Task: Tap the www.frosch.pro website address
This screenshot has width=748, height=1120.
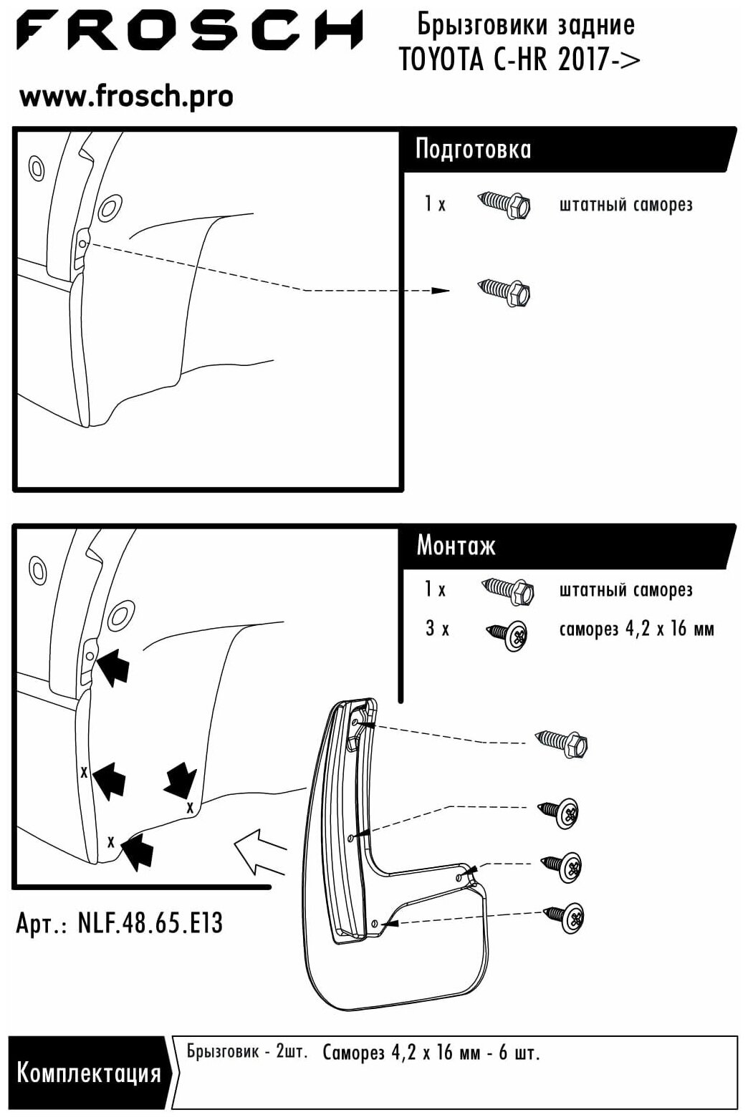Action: pyautogui.click(x=126, y=96)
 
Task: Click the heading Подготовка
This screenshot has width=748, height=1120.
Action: pyautogui.click(x=473, y=149)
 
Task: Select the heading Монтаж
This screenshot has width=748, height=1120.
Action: pyautogui.click(x=456, y=546)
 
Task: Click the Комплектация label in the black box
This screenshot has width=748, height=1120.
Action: pyautogui.click(x=88, y=1073)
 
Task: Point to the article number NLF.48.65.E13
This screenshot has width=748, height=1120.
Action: pyautogui.click(x=119, y=923)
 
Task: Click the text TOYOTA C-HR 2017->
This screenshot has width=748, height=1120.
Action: pyautogui.click(x=519, y=60)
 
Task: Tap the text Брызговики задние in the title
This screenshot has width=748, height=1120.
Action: pyautogui.click(x=525, y=26)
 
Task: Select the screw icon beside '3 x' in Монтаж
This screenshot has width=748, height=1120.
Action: pyautogui.click(x=508, y=634)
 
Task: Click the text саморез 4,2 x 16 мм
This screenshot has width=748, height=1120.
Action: pyautogui.click(x=636, y=629)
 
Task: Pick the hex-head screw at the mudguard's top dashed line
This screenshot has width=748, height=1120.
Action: pyautogui.click(x=563, y=745)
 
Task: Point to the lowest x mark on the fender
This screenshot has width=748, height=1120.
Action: pyautogui.click(x=110, y=841)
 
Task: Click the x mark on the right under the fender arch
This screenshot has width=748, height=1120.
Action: pyautogui.click(x=189, y=807)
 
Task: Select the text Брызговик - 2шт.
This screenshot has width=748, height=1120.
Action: pyautogui.click(x=246, y=1052)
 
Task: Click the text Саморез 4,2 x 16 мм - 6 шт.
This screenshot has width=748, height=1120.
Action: pyautogui.click(x=431, y=1053)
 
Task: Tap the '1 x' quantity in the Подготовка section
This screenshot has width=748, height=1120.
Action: pyautogui.click(x=434, y=204)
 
